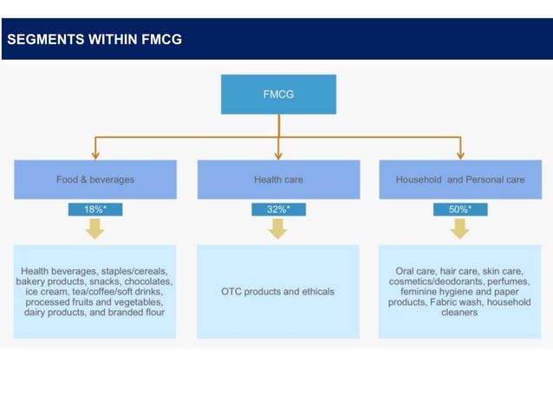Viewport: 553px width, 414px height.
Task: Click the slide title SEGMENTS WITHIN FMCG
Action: pos(94,39)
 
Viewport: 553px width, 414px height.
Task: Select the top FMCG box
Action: pos(278,94)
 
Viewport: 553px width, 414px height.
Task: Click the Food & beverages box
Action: pos(95,179)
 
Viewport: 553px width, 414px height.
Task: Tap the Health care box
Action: pos(278,179)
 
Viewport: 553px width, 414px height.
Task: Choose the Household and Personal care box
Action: pos(460,179)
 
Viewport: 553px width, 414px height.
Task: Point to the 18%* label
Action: pos(95,210)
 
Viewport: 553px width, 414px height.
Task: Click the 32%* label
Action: pos(278,210)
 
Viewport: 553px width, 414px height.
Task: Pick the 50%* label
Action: pos(460,210)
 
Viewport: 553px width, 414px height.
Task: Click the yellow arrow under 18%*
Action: pos(95,229)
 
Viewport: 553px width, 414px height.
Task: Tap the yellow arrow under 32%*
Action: pos(278,229)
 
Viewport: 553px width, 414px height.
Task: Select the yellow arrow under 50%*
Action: pos(460,229)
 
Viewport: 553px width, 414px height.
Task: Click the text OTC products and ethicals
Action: pos(277,292)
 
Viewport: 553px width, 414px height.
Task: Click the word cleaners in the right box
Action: pos(460,313)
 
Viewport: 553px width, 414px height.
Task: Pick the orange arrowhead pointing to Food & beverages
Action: pos(95,154)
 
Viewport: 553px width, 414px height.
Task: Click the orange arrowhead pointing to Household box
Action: pos(460,154)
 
